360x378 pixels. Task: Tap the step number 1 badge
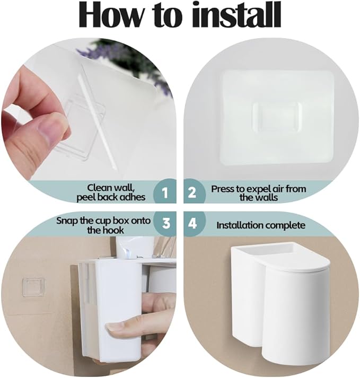point(165,193)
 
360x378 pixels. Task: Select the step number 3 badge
point(166,224)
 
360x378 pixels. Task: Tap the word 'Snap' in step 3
point(67,221)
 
